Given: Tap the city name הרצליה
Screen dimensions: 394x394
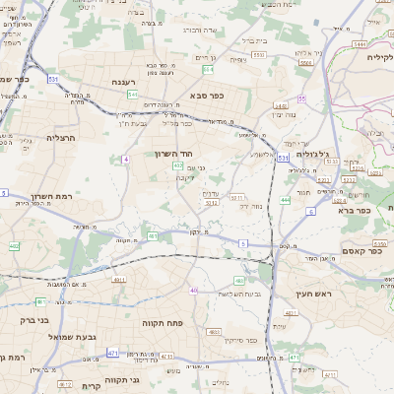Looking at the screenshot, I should pos(61,138).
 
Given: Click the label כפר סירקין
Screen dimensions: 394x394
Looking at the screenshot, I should pos(237,341).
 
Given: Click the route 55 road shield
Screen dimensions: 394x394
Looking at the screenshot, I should pos(302,98).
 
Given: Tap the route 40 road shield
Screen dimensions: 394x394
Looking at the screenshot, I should pos(194,291).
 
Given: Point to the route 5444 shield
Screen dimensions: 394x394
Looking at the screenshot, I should pos(361,45).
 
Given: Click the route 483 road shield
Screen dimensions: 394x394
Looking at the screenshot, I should pos(240,281).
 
